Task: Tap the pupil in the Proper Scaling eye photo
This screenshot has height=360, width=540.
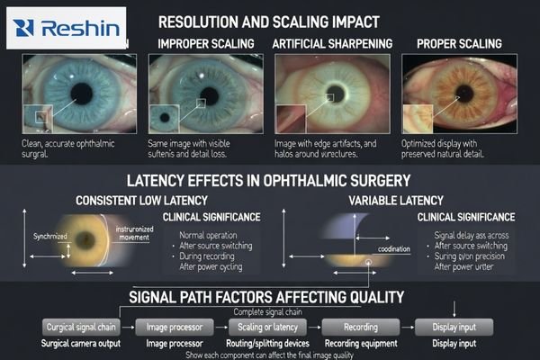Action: click(467, 94)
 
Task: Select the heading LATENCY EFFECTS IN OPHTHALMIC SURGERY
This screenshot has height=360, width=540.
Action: click(269, 178)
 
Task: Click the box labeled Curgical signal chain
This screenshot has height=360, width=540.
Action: click(82, 327)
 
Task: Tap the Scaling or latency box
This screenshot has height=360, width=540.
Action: click(267, 327)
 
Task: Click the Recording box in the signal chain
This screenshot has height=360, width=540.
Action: click(360, 327)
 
